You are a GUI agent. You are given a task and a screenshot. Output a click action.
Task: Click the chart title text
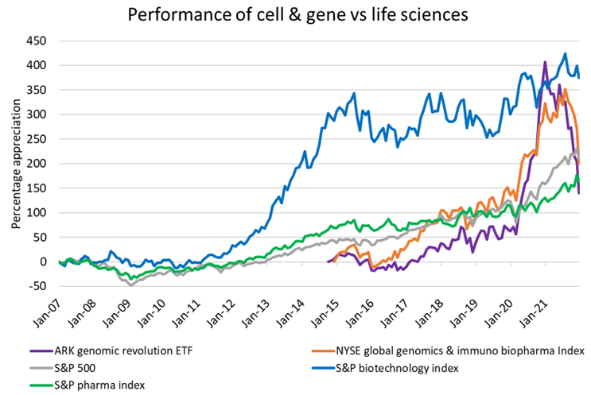coord(295,14)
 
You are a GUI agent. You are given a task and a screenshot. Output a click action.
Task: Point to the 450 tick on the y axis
coord(37,41)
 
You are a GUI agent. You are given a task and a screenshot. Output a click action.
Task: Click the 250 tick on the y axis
coord(37,138)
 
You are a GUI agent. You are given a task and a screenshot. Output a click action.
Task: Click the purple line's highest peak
coord(545,62)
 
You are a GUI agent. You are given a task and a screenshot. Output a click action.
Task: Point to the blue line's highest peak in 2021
coord(565,54)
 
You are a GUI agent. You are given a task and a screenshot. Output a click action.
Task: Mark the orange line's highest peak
coord(565,89)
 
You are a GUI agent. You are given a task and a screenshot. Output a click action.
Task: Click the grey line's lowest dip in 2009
coord(130,285)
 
